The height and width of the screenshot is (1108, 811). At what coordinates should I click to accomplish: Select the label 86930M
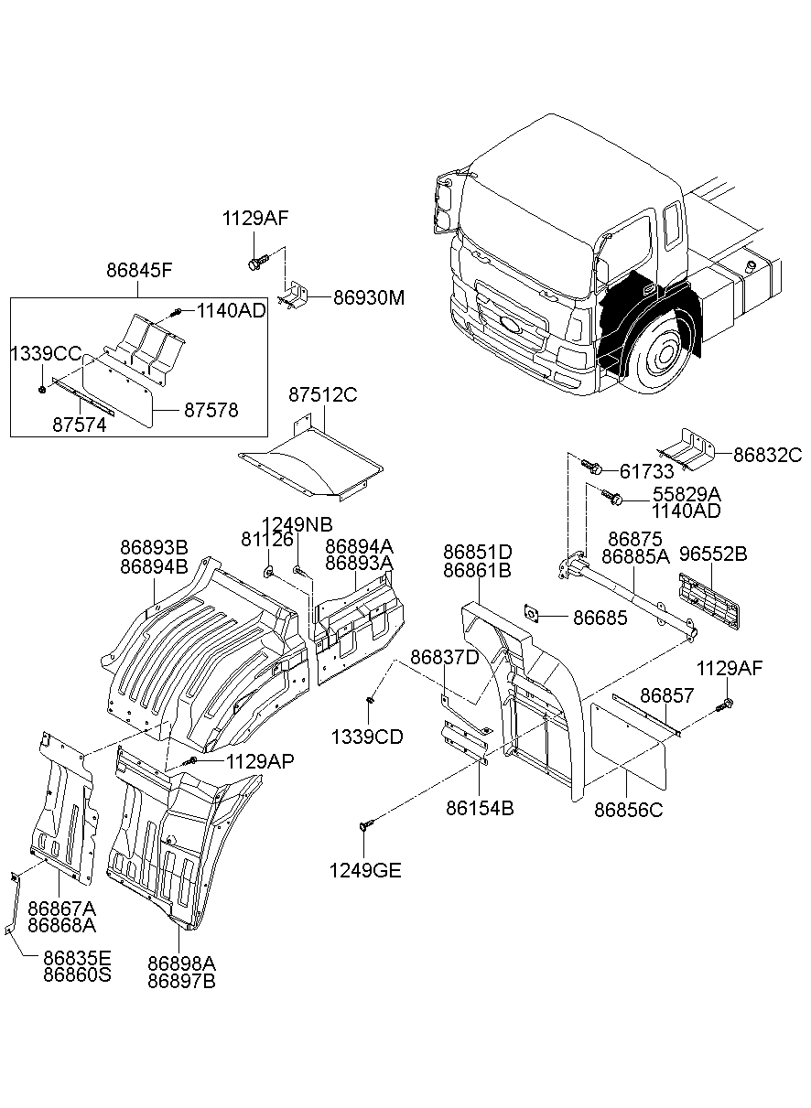(x=356, y=298)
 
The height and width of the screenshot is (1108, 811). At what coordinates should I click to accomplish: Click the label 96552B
(x=713, y=554)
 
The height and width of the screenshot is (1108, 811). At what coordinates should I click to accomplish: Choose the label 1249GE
(x=365, y=870)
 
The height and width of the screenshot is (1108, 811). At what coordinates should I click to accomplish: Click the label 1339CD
(x=366, y=737)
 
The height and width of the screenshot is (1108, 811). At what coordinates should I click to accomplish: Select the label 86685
(x=600, y=618)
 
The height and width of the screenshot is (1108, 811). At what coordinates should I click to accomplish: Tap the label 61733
(x=646, y=471)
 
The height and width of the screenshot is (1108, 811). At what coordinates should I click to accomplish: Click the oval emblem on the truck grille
(x=509, y=325)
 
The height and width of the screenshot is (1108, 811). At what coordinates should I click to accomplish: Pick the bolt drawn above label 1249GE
(x=364, y=825)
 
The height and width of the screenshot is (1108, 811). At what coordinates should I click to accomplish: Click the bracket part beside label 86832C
(x=686, y=448)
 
